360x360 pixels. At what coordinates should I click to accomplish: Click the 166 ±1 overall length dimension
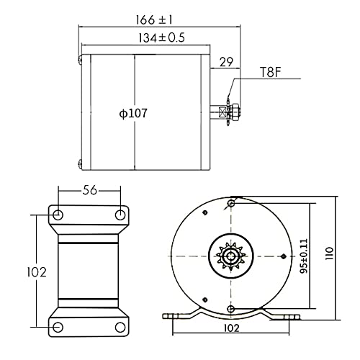[154, 19]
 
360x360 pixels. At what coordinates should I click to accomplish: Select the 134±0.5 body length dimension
[161, 37]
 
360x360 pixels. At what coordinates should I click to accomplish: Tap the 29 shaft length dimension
[226, 62]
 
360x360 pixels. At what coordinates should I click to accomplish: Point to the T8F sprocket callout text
[270, 72]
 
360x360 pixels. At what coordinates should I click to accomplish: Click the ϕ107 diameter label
[133, 113]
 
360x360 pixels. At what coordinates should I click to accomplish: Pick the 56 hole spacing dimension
[89, 190]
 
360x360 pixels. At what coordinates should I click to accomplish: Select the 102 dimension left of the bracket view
[36, 272]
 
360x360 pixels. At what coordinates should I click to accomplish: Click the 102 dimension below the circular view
[231, 328]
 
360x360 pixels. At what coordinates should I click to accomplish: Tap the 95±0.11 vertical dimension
[304, 256]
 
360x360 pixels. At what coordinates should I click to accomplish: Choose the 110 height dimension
[329, 253]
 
